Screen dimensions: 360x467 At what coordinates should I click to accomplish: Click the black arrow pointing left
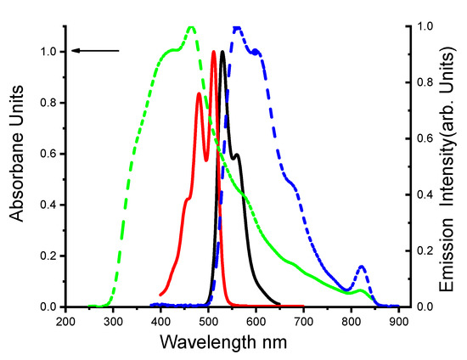(95, 51)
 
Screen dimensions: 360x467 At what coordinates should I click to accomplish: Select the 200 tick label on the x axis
(65, 322)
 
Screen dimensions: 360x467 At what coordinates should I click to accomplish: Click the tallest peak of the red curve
(214, 53)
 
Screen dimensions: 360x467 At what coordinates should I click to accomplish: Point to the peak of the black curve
(222, 53)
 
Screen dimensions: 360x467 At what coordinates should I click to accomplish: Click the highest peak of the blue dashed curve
(238, 27)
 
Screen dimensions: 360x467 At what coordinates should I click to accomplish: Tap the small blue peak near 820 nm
(362, 267)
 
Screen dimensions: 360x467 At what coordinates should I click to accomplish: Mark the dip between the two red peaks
(205, 160)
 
